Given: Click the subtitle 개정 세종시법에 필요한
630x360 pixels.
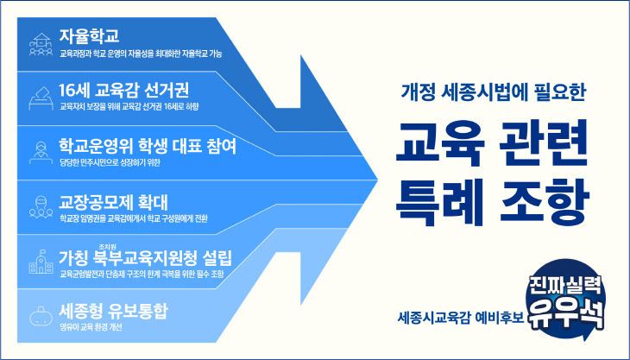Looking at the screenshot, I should [494, 92].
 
